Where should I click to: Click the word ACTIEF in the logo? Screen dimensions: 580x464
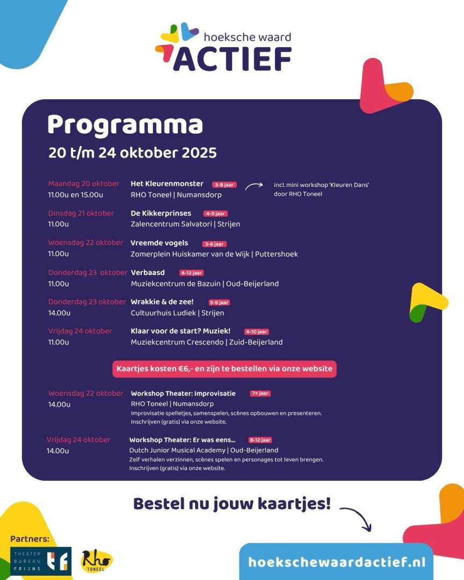232,59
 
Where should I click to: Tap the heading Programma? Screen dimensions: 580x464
125,125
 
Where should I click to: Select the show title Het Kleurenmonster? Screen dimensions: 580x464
167,184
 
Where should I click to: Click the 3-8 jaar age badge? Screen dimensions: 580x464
224,184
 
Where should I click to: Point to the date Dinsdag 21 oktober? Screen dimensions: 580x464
81,213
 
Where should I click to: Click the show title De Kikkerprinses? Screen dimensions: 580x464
161,213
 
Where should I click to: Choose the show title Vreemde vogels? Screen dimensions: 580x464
160,243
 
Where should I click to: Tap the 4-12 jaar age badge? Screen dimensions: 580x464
192,273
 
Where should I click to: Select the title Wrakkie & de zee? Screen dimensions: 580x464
162,302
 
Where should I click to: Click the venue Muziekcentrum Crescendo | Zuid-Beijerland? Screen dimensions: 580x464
207,342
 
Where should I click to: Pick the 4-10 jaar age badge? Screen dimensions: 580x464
256,332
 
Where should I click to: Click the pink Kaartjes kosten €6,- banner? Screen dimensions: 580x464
224,369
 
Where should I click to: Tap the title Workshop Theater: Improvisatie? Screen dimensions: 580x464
183,394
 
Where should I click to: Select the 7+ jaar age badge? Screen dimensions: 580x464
260,394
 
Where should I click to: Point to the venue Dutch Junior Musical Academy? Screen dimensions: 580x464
177,450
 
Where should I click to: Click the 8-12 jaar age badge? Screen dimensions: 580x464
260,440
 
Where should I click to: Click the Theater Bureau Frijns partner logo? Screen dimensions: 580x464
41,561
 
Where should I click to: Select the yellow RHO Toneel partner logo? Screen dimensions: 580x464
97,561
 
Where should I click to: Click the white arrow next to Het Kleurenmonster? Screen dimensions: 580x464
253,185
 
